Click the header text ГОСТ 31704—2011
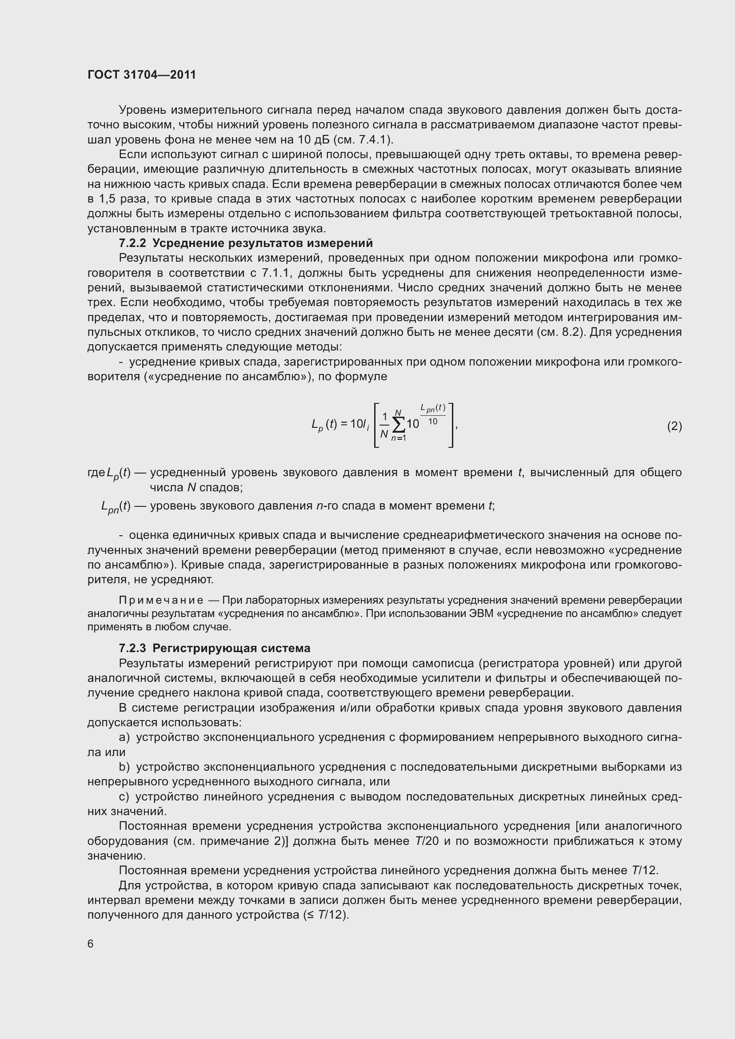point(142,75)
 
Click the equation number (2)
point(674,426)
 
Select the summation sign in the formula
point(399,425)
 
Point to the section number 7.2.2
point(132,243)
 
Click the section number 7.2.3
point(132,649)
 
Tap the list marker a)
point(124,738)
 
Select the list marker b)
point(124,767)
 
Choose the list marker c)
point(124,796)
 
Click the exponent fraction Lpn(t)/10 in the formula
point(433,414)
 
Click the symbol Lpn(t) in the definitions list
point(116,506)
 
